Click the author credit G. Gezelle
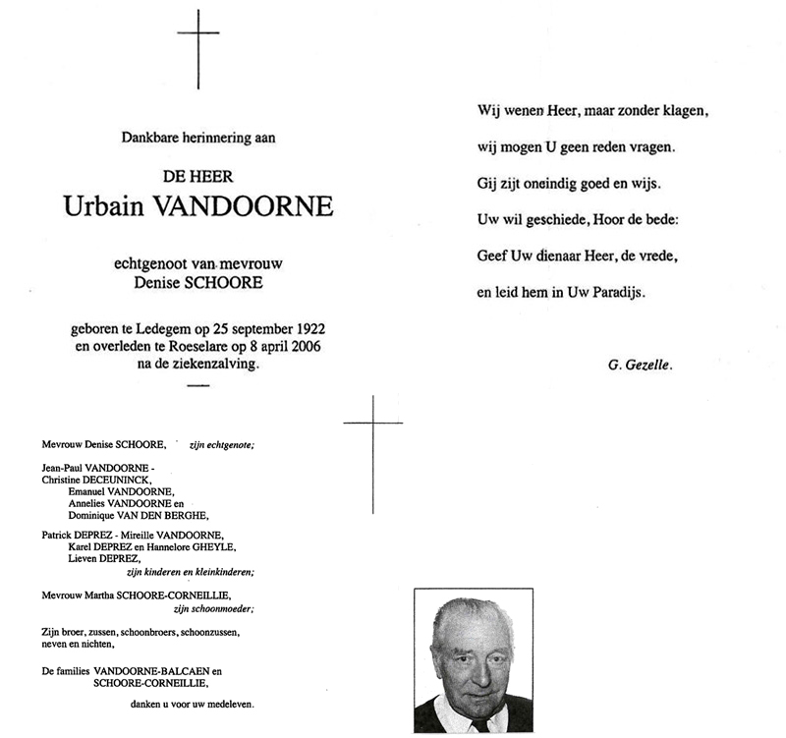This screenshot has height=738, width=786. pos(643,366)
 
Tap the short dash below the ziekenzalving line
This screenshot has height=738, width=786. pos(197,385)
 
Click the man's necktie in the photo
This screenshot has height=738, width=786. pos(479,725)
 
